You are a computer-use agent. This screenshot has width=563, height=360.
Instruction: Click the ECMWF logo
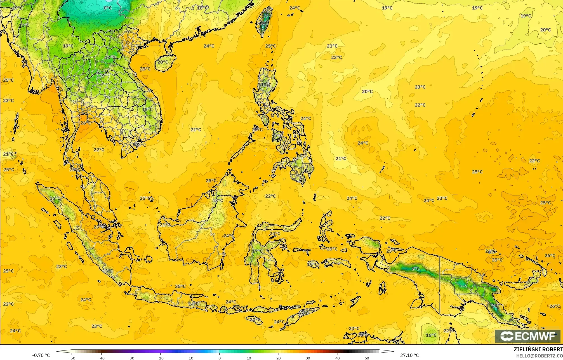pos(527,336)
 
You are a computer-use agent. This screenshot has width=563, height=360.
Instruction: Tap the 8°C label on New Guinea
pos(416,269)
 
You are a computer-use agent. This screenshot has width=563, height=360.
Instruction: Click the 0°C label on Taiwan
pos(264,23)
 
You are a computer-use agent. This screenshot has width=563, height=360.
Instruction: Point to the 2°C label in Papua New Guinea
pos(494,306)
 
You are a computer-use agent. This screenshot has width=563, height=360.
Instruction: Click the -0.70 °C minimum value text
pos(41,355)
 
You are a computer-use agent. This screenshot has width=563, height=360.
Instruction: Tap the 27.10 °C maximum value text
pos(409,355)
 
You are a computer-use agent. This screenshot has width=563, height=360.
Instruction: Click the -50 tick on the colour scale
pos(72,358)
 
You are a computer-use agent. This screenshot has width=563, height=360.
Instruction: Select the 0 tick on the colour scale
pos(220,358)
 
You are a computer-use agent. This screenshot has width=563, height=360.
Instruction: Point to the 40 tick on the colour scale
pos(338,358)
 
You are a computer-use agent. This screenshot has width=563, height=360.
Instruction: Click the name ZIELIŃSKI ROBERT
pos(538,349)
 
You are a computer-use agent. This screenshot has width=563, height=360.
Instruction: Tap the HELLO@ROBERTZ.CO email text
pos(539,356)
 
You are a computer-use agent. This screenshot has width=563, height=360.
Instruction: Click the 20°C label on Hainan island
pos(163,62)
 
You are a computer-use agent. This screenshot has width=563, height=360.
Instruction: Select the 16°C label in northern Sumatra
pos(55,198)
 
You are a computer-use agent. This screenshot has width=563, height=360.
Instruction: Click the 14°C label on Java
pos(193,304)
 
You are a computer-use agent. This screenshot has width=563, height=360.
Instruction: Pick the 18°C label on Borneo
pos(218,201)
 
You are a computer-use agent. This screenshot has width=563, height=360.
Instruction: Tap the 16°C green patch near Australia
pos(431,335)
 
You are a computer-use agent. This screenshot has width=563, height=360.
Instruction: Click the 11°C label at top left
pos(24,25)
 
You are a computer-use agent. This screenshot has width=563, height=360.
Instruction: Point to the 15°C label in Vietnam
pos(147,109)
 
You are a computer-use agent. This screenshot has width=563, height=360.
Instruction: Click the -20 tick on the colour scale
pos(160,358)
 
